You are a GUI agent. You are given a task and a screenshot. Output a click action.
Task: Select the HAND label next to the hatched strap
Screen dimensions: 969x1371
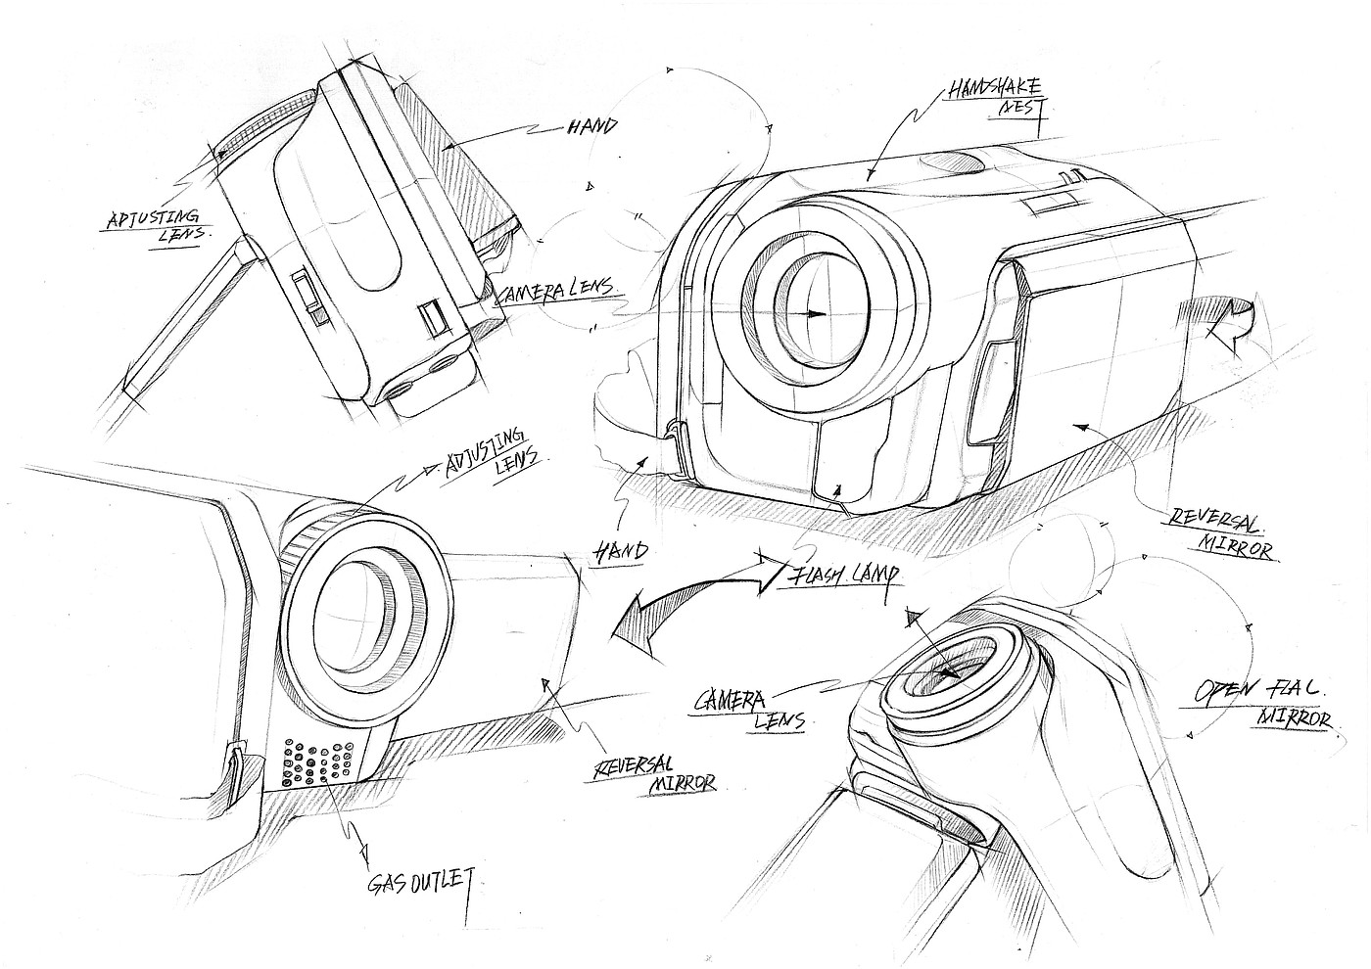click(591, 126)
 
